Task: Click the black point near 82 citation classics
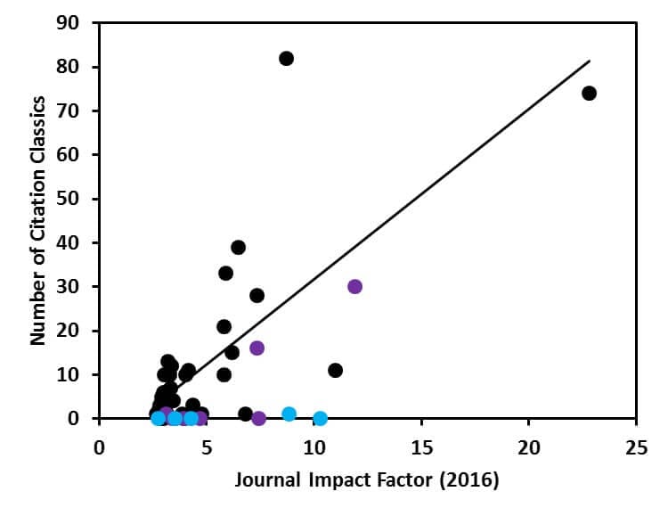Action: pyautogui.click(x=286, y=58)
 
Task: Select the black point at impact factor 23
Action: pyautogui.click(x=589, y=93)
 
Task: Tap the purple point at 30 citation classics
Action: pyautogui.click(x=354, y=286)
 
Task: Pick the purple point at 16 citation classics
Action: pyautogui.click(x=257, y=348)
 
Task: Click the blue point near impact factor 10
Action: pyautogui.click(x=320, y=418)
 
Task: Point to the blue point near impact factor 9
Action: pyautogui.click(x=289, y=414)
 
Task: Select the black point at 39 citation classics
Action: pyautogui.click(x=238, y=247)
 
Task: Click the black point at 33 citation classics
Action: pyautogui.click(x=225, y=273)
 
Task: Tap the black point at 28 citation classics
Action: pyautogui.click(x=257, y=295)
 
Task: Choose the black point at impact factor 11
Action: pyautogui.click(x=335, y=370)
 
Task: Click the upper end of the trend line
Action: pyautogui.click(x=590, y=61)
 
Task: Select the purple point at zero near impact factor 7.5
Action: pyautogui.click(x=258, y=418)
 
